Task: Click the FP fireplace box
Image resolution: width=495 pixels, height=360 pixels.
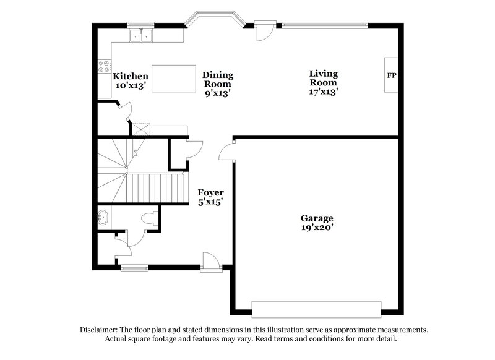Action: pyautogui.click(x=391, y=75)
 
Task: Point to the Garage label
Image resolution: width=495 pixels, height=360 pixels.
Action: pyautogui.click(x=317, y=218)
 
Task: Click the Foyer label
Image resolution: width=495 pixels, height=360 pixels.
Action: pyautogui.click(x=210, y=192)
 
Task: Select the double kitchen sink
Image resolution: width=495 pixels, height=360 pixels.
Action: pyautogui.click(x=141, y=36)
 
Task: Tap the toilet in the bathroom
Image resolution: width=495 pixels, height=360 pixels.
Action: pyautogui.click(x=148, y=219)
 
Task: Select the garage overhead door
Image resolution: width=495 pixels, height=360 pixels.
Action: pyautogui.click(x=316, y=309)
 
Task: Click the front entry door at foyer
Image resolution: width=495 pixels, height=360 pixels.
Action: pyautogui.click(x=210, y=262)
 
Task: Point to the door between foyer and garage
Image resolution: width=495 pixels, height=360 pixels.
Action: pyautogui.click(x=230, y=152)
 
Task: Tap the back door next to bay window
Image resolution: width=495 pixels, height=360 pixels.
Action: pyautogui.click(x=264, y=31)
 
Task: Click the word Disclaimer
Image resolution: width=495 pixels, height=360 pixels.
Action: pyautogui.click(x=100, y=330)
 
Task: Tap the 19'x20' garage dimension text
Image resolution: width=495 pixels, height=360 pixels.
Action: pyautogui.click(x=317, y=227)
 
